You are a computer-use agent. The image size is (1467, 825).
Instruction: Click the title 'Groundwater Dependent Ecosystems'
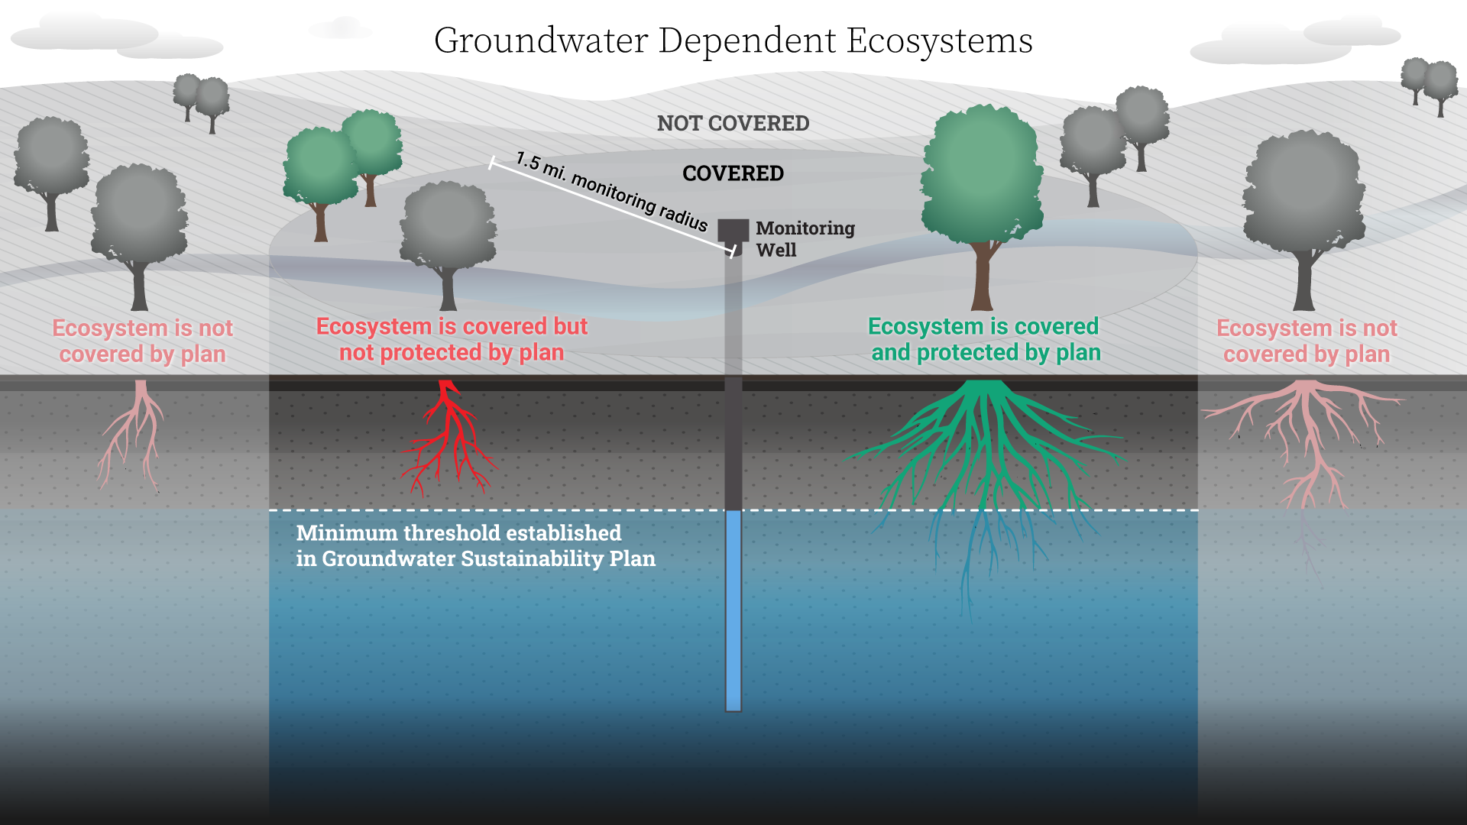733,41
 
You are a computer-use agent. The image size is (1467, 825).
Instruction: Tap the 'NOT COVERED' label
733,123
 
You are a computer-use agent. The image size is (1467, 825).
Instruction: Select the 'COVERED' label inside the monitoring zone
733,173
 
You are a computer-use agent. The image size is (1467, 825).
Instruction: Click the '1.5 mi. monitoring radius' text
611,191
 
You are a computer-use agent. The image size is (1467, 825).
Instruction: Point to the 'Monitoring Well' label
805,239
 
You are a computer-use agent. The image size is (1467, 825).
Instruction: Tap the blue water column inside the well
733,610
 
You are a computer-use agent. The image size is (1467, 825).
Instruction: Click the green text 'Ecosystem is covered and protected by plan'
985,339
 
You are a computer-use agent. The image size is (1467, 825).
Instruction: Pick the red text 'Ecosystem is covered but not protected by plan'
452,339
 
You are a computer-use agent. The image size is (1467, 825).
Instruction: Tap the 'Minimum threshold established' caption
458,532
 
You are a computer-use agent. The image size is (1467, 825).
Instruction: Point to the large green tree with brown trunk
982,206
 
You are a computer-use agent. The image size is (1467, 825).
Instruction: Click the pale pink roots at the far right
1303,443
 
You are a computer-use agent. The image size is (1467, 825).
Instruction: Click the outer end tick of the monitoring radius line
492,163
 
